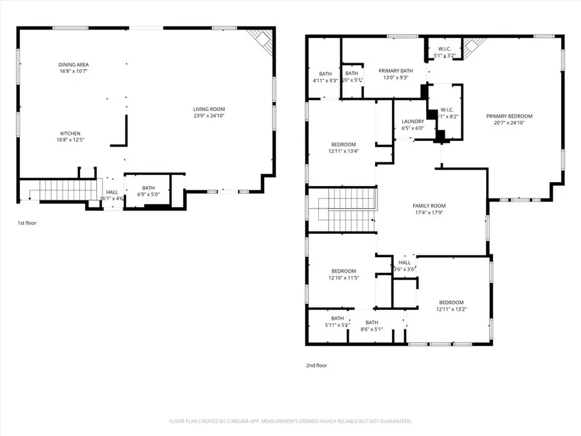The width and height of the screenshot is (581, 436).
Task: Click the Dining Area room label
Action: (74, 65)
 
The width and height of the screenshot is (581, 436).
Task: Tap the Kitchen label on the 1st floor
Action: (70, 133)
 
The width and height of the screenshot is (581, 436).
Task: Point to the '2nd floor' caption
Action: (316, 366)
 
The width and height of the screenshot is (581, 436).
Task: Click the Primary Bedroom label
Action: (509, 116)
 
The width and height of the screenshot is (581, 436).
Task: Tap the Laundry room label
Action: (412, 121)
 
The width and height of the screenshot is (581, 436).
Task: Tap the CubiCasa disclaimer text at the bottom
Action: (290, 421)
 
